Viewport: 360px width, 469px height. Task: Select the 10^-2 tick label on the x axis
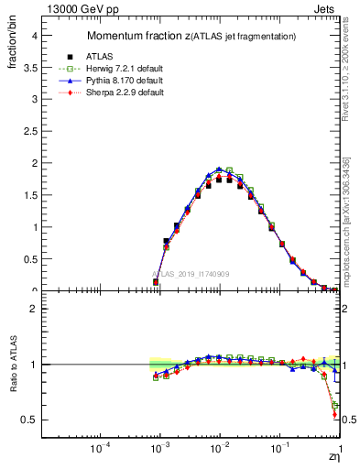point(219,449)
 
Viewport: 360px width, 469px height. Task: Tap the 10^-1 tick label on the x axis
point(278,449)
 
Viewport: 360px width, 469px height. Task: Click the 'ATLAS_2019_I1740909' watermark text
point(190,274)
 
